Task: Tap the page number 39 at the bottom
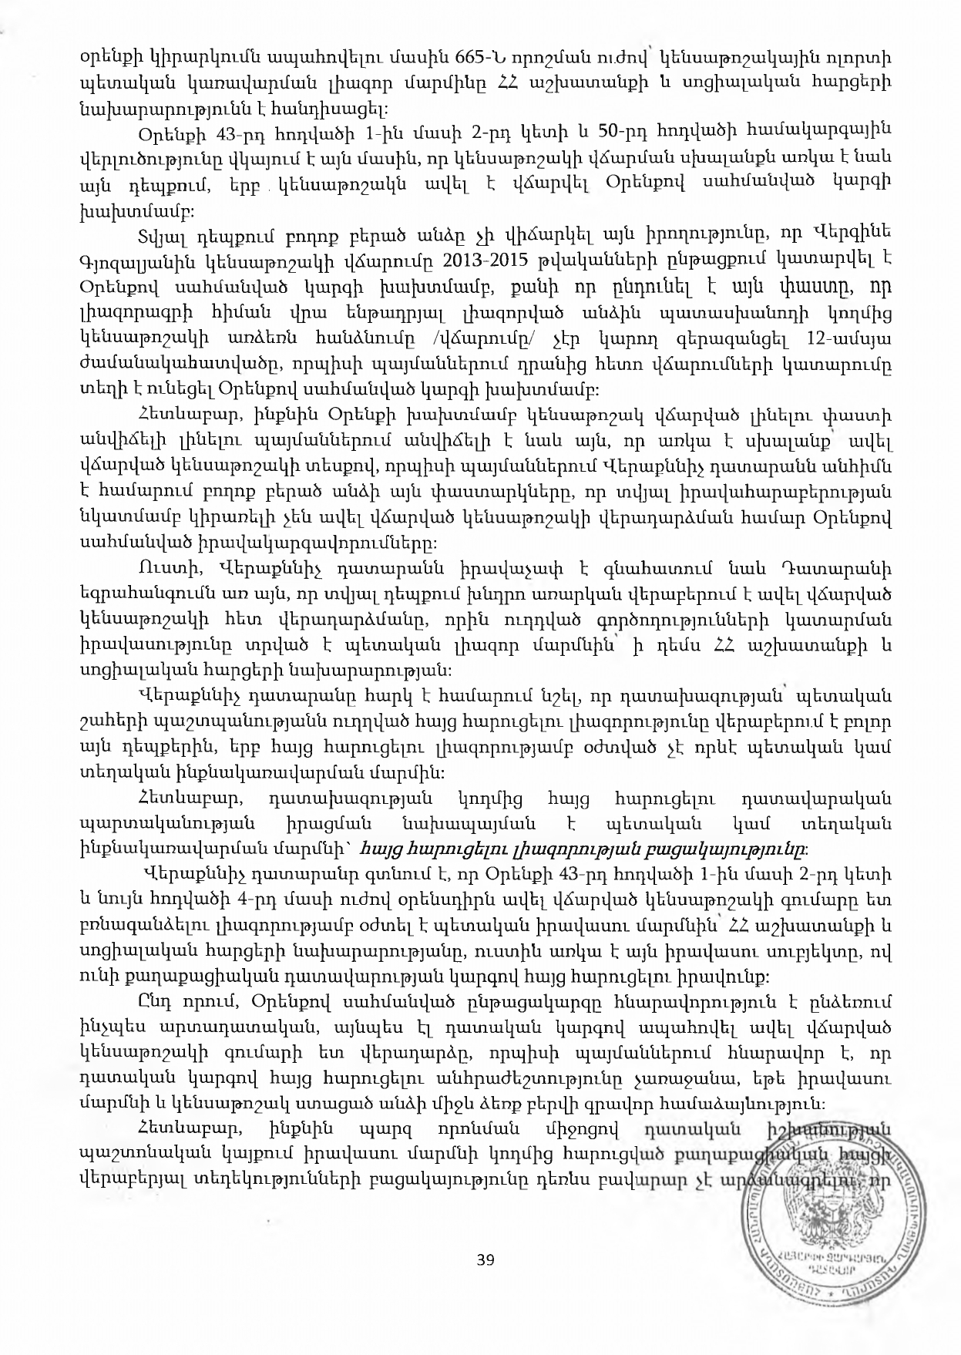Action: point(485,1259)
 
